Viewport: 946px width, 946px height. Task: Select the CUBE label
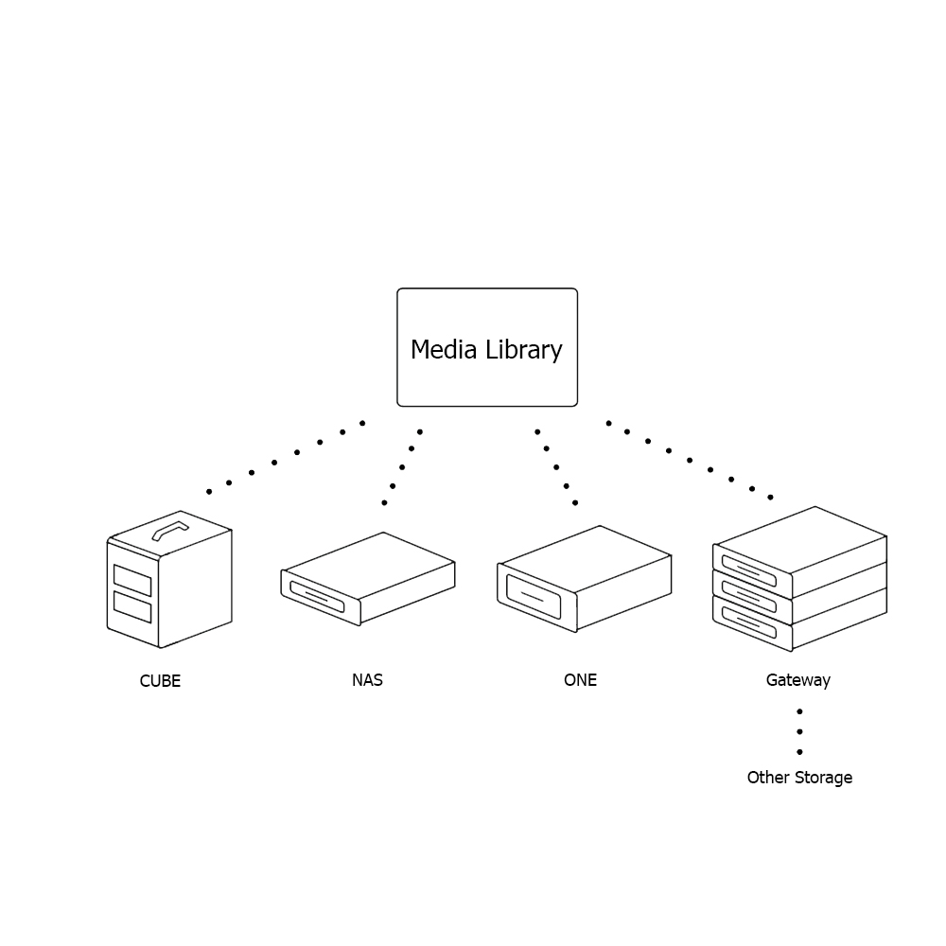(160, 681)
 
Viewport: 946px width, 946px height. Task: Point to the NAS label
(367, 679)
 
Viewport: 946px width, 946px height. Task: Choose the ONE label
(580, 679)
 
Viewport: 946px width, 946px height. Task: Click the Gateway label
(798, 679)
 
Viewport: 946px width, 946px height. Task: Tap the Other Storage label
(799, 778)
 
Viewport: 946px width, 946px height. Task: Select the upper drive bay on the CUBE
(132, 577)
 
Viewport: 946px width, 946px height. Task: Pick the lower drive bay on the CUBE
(132, 606)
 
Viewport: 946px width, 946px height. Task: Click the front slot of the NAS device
(317, 596)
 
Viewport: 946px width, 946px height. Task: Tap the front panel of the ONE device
(534, 596)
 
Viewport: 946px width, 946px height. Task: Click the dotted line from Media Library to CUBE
(274, 463)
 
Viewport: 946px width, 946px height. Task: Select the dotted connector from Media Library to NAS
(402, 466)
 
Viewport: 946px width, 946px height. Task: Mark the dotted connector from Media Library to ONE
(556, 466)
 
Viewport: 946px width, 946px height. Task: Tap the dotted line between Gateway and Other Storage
(799, 731)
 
